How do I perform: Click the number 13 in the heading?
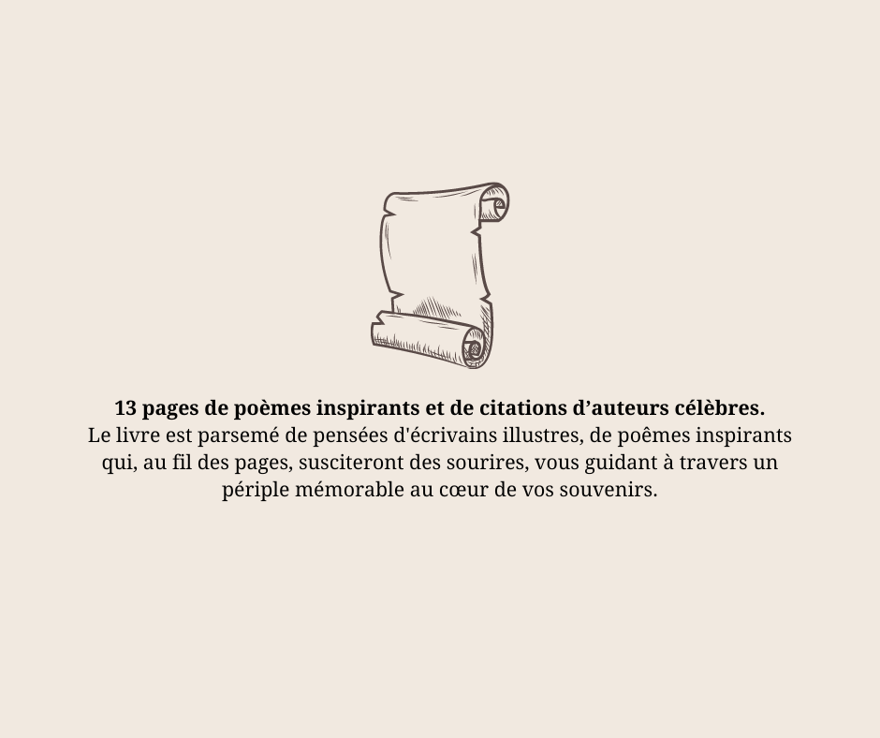(125, 408)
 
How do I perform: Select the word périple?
(256, 491)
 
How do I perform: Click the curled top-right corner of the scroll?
(495, 202)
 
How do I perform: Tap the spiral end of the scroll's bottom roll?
(474, 348)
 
